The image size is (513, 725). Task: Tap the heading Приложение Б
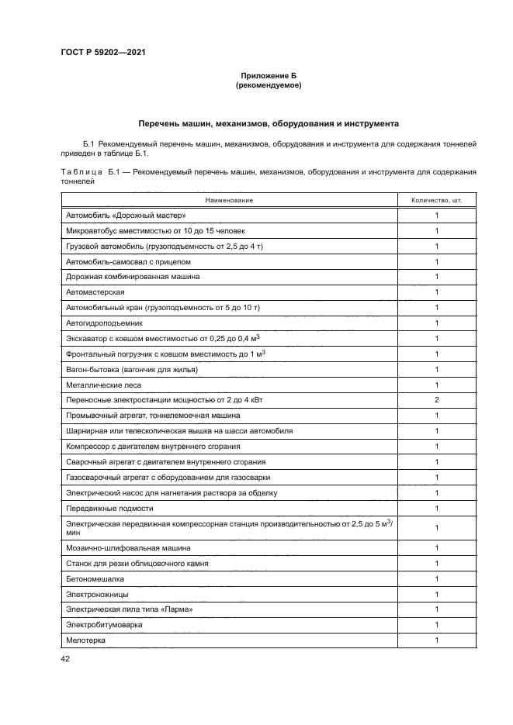[268, 76]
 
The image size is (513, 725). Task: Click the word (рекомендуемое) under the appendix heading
[268, 85]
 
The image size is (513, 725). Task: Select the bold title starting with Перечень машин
[268, 123]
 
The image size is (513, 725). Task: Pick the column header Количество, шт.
[436, 200]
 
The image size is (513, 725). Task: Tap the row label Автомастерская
[95, 292]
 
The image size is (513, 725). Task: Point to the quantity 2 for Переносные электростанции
[436, 400]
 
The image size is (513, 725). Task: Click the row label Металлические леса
[104, 385]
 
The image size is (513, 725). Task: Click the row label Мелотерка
[86, 640]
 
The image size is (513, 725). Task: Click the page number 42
[65, 658]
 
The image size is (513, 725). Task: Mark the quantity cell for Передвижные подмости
[436, 509]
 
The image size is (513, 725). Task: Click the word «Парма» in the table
[175, 610]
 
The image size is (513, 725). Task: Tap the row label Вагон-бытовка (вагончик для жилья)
[132, 370]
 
